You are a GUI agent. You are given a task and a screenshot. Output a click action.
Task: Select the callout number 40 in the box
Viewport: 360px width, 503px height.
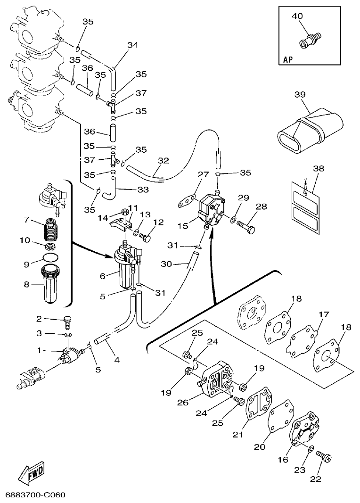click(297, 16)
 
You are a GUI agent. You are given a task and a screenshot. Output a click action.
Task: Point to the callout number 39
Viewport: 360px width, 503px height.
click(300, 95)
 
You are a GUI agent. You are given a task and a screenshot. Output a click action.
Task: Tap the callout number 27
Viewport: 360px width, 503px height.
click(203, 175)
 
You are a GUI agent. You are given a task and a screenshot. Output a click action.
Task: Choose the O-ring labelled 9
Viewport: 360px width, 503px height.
click(50, 258)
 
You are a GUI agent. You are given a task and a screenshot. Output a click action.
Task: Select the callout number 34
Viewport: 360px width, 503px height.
click(133, 45)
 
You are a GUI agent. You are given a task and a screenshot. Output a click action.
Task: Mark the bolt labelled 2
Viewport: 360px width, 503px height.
click(67, 323)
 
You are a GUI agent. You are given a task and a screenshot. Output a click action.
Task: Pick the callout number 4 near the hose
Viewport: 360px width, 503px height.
click(116, 360)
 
